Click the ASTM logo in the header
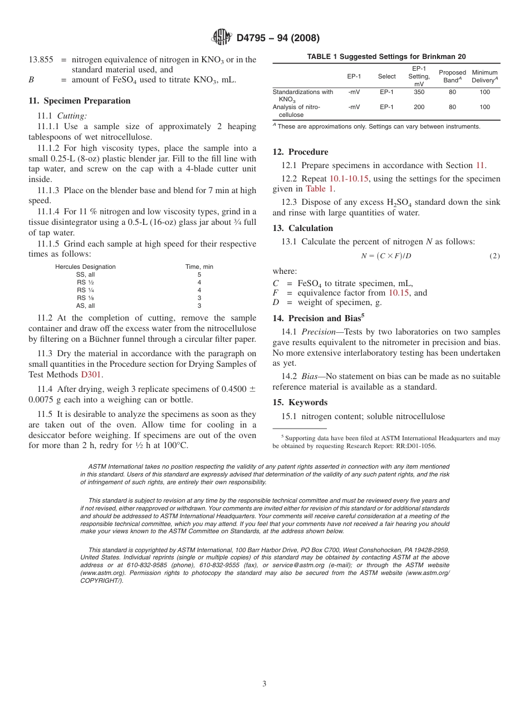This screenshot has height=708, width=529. click(x=222, y=38)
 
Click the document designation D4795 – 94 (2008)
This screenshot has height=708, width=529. click(x=277, y=38)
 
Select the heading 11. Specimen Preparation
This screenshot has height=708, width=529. click(x=80, y=101)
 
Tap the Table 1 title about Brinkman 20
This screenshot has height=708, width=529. click(x=386, y=57)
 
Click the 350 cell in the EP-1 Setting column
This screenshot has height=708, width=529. click(x=419, y=92)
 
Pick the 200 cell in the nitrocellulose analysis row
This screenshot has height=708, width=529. click(x=419, y=107)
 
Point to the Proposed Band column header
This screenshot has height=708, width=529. click(x=452, y=76)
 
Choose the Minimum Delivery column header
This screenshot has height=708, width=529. click(x=484, y=76)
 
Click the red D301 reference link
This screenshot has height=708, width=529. click(x=91, y=375)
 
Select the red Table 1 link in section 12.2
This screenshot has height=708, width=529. click(x=320, y=189)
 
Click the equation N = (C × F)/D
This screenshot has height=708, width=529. click(x=386, y=256)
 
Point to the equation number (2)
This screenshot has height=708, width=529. click(x=494, y=256)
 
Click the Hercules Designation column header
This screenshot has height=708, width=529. click(x=85, y=267)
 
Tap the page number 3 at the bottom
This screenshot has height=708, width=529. click(x=264, y=684)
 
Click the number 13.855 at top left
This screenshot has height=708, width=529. click(x=41, y=60)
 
